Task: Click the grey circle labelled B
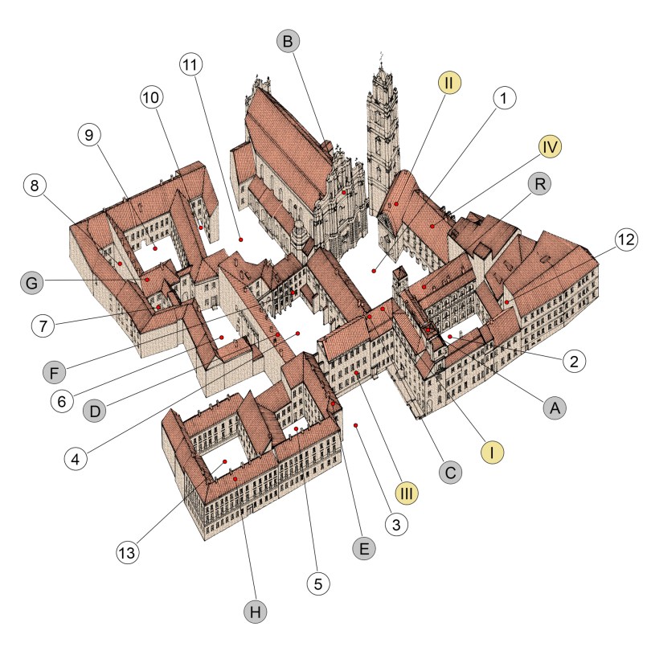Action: tap(288, 41)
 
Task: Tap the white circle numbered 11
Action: tap(190, 64)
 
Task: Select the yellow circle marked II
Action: tap(448, 82)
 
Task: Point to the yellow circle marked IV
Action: tap(550, 146)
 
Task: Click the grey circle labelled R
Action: tap(540, 183)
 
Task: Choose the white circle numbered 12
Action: tap(626, 240)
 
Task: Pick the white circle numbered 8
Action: tap(35, 186)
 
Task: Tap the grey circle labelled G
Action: tap(31, 283)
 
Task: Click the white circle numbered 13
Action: tap(127, 553)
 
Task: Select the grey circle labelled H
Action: tap(256, 612)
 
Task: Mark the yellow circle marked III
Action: tap(407, 493)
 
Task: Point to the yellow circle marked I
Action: tap(493, 452)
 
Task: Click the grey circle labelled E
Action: tap(364, 548)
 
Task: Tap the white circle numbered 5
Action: tap(318, 583)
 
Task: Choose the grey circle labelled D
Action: tap(95, 411)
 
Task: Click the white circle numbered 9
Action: tap(89, 134)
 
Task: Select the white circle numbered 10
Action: tap(151, 97)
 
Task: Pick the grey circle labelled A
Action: tap(555, 408)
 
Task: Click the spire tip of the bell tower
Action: tap(381, 53)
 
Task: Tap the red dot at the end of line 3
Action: tap(355, 425)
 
